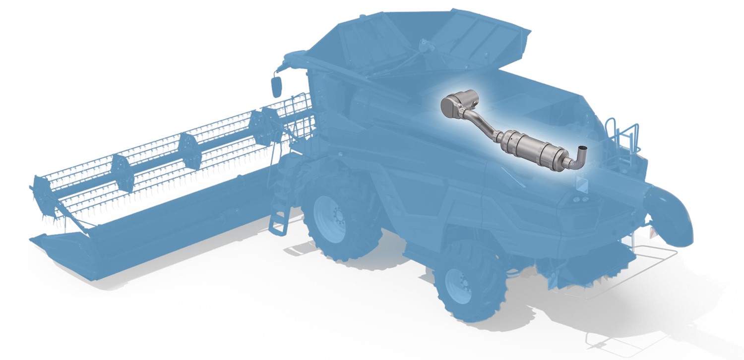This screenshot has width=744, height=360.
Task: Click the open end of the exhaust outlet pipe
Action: pos(584,149)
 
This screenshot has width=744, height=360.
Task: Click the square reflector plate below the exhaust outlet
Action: pos(580,183)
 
